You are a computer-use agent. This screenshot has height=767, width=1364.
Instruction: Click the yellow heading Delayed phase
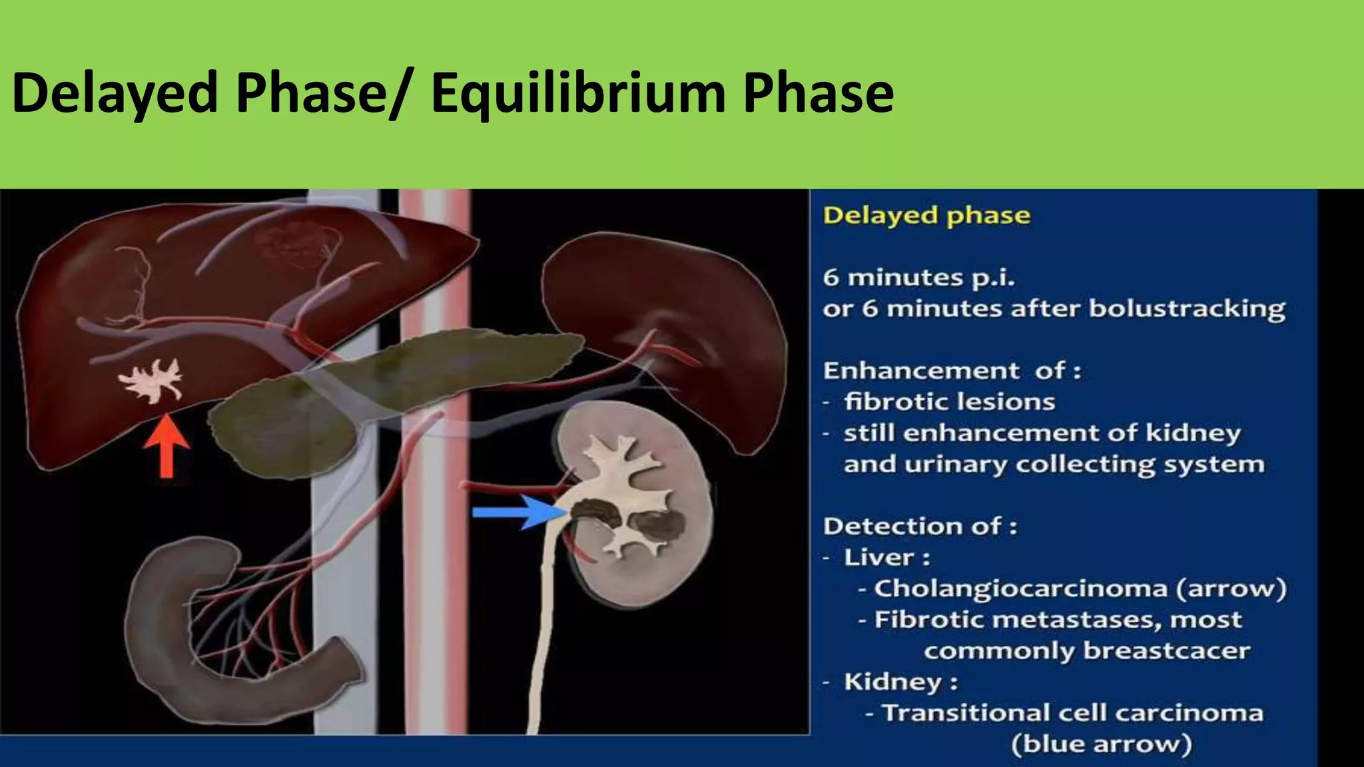[926, 216]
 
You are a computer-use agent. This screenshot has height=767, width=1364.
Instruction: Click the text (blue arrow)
[1101, 744]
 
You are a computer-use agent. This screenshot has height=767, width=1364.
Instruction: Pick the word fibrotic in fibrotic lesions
[892, 401]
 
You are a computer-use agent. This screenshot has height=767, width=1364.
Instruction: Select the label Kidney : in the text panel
[900, 682]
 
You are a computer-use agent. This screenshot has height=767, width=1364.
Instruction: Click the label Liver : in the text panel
[886, 557]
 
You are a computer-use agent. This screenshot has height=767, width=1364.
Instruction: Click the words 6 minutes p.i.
[918, 277]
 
